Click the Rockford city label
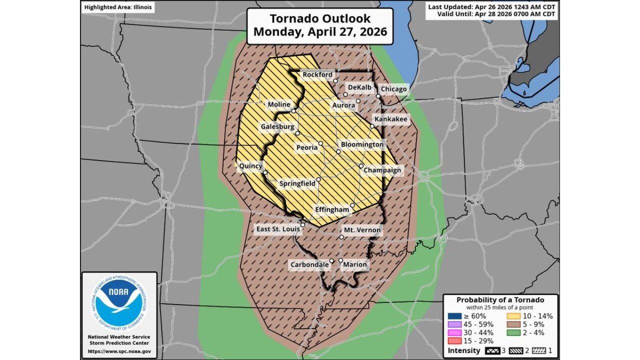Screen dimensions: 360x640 click(317, 74)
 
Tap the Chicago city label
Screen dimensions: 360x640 click(393, 89)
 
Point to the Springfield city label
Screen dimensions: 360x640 click(297, 183)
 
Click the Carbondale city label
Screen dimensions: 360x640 click(309, 264)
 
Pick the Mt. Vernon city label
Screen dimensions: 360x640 click(362, 230)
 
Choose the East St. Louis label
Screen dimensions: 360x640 click(277, 229)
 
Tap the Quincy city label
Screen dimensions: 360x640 click(250, 166)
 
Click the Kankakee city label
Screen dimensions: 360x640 click(391, 119)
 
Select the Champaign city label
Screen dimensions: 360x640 click(382, 170)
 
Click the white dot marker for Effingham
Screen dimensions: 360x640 click(352, 205)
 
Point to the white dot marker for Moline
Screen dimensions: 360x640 click(294, 110)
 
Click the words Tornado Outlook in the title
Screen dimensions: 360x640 click(320, 18)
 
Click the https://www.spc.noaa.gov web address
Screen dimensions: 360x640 click(119, 351)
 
